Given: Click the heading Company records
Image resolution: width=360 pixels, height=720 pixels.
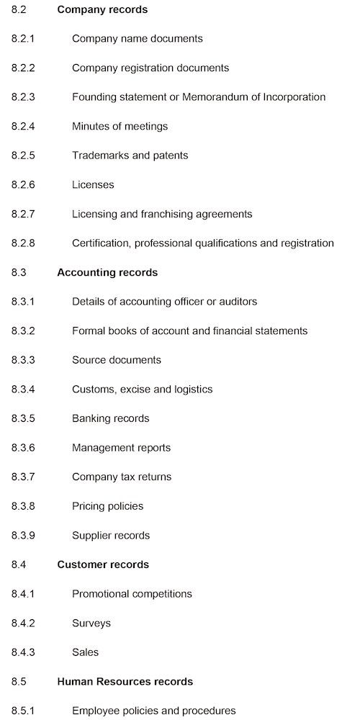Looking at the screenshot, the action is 102,9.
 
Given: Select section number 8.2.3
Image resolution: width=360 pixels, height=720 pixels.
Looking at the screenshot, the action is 23,97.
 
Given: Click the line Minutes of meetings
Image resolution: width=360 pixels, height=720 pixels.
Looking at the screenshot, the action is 120,127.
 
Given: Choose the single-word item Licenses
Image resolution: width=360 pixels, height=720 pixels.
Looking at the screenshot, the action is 93,185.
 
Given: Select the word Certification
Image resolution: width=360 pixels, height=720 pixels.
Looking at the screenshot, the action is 100,243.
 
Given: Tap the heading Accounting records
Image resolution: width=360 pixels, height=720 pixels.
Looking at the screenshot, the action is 107,273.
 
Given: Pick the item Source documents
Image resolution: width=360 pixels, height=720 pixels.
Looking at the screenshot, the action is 117,360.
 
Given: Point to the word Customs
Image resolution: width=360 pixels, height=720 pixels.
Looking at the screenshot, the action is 94,390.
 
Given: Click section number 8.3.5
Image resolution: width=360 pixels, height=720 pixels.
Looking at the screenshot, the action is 23,418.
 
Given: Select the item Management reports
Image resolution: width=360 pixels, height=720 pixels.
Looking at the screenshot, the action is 121,448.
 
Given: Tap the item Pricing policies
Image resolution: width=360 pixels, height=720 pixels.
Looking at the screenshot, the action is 107,506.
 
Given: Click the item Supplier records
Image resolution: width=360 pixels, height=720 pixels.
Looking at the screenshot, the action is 111,536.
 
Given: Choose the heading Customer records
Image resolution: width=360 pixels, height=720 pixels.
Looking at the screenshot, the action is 103,564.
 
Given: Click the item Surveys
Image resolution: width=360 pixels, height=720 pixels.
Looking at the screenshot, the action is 91,624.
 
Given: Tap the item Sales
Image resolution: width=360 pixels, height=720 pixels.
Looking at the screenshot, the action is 85,652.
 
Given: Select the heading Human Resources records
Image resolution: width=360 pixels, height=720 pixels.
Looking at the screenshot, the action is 125,682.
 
